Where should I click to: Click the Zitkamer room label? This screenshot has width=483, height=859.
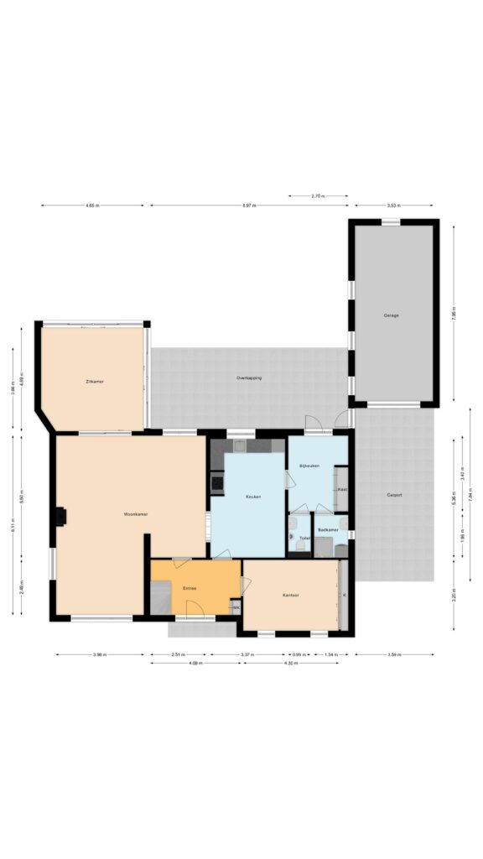[94, 381]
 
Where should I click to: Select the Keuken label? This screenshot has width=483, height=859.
[252, 497]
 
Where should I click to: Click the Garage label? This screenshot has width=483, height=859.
[391, 315]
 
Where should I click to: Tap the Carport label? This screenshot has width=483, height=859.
[393, 495]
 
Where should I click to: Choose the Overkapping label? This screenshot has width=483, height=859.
[249, 378]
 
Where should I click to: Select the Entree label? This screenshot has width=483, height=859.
[190, 589]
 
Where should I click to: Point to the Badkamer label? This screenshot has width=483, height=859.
[328, 530]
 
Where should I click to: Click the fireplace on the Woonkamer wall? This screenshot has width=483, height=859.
[60, 518]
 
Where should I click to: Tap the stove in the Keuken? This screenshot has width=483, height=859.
[216, 482]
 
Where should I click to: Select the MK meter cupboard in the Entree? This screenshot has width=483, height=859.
[236, 607]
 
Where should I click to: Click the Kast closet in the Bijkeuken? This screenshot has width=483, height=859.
[342, 489]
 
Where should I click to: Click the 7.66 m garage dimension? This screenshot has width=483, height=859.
[454, 316]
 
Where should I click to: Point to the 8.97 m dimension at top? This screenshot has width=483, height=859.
[249, 206]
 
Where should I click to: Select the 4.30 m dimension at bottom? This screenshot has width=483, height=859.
[293, 664]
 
